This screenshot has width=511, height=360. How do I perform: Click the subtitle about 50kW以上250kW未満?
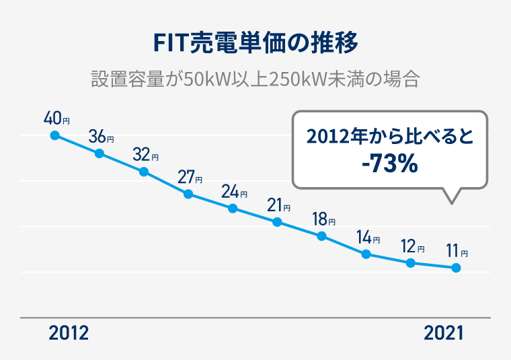click(x=255, y=78)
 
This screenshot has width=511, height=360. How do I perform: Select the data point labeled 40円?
click(x=55, y=135)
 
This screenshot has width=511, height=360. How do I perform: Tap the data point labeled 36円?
click(x=100, y=153)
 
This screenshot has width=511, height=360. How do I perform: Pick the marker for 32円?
click(x=144, y=172)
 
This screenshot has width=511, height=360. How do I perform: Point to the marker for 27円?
click(x=188, y=194)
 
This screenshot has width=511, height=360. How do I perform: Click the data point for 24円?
click(x=233, y=208)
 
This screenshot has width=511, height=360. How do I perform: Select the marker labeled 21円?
click(x=277, y=222)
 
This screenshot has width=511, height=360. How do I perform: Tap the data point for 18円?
click(x=322, y=236)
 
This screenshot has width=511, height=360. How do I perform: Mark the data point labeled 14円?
click(x=366, y=254)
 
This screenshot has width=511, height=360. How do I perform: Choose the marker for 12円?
click(x=411, y=262)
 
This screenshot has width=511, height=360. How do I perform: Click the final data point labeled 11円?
click(x=456, y=268)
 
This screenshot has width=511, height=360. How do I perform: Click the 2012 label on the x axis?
click(x=69, y=333)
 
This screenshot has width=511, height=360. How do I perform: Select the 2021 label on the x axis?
click(x=443, y=333)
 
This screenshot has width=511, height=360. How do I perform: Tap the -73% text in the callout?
click(x=390, y=164)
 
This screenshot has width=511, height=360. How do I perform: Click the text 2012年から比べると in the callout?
click(x=390, y=137)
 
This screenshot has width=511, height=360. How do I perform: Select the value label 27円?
click(x=190, y=178)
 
